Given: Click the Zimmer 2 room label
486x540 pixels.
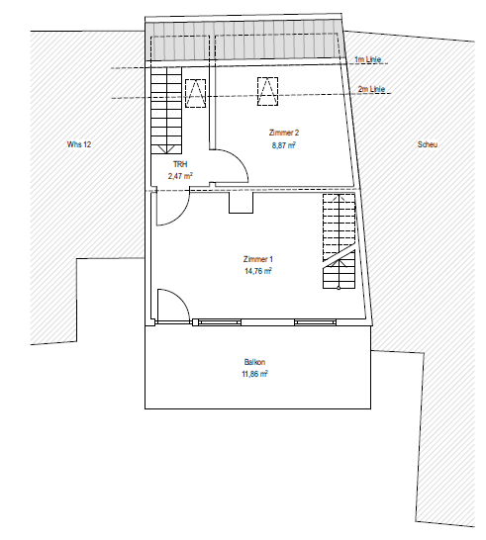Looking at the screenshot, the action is [284, 133].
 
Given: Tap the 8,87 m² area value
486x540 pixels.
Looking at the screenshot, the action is [284, 145].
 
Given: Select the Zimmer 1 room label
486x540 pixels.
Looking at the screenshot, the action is [258, 259].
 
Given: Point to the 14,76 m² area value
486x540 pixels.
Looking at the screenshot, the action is [258, 271].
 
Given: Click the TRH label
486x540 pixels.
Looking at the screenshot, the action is [180, 164].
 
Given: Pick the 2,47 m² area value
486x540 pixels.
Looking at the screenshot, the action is [180, 176].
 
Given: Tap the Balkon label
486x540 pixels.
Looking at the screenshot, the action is [254, 362].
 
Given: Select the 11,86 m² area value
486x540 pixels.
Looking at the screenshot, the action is [254, 374].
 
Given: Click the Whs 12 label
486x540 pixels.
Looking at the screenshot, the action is [79, 144].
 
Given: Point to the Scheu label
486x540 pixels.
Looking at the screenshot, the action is [428, 144].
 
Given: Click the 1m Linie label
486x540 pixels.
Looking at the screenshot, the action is [368, 59].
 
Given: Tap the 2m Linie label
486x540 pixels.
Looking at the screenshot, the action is [371, 89].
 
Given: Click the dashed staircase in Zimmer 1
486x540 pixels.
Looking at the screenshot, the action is [339, 241].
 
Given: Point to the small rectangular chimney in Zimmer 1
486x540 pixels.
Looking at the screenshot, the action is [242, 203].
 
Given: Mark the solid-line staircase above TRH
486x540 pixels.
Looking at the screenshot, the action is [166, 110].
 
